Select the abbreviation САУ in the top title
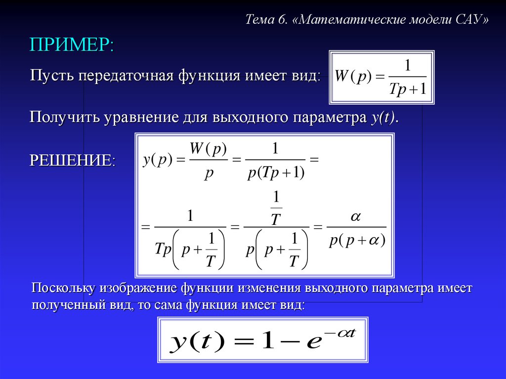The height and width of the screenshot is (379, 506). pos(468,19)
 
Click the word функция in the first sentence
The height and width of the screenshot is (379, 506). pos(209,77)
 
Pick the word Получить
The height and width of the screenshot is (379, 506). pos(64,117)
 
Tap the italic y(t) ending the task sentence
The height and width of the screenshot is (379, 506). pos(383,118)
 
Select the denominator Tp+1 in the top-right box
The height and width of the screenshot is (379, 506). pos(408,88)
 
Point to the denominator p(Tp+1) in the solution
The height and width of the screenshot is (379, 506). pos(276,173)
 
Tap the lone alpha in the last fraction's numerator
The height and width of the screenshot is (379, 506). pos(356,216)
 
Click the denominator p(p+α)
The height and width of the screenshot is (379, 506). pos(357,241)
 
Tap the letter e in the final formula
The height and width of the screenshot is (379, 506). pos(314,342)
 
